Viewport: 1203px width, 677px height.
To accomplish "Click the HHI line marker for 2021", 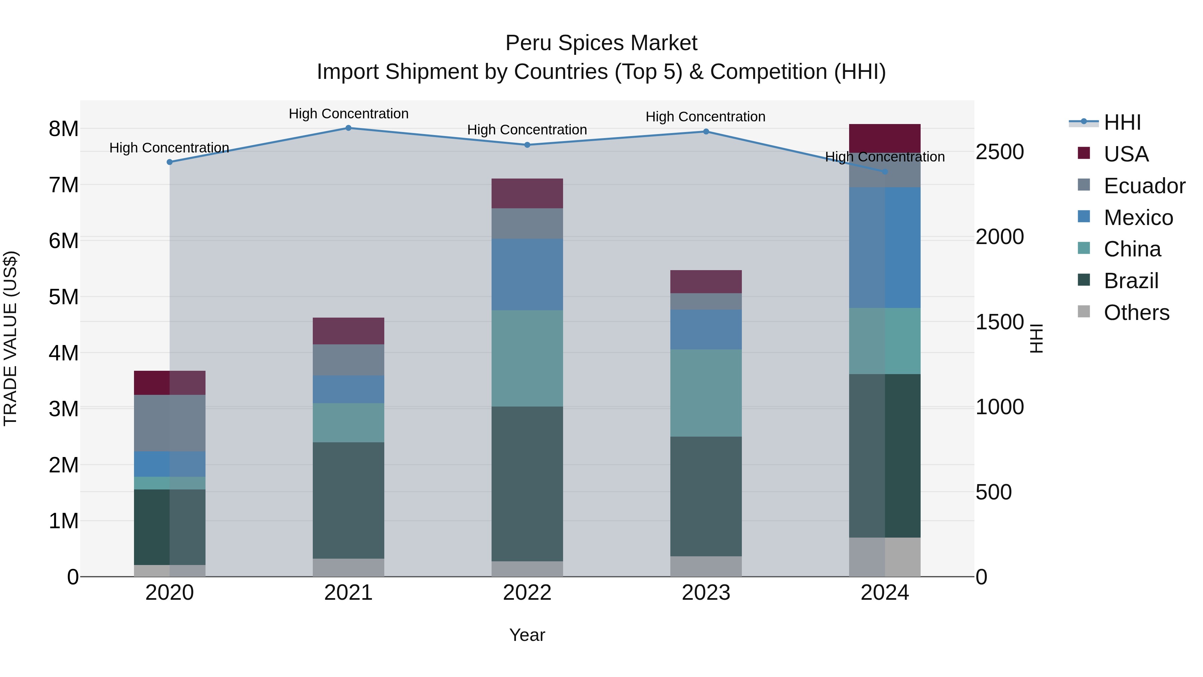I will tap(349, 128).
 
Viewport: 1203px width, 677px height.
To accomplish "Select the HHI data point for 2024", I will tap(885, 172).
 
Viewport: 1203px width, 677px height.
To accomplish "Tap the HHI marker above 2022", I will tap(527, 145).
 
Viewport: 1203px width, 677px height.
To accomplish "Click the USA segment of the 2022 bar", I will tap(527, 194).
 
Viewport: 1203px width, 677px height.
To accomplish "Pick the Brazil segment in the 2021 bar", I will tap(349, 500).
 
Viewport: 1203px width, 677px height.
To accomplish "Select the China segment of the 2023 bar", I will tap(706, 393).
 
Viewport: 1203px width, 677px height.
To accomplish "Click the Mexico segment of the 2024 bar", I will tap(885, 248).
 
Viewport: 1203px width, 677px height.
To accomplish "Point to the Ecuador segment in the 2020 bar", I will tap(169, 423).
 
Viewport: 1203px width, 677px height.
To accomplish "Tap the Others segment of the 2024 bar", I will tap(885, 557).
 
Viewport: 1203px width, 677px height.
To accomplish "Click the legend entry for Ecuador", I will tap(1144, 186).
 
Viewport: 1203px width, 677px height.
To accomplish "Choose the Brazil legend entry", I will tap(1131, 281).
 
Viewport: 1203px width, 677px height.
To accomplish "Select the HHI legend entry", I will tap(1122, 122).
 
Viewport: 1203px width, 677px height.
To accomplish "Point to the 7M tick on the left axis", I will tap(64, 185).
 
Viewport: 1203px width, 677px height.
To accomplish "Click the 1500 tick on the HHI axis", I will tap(1000, 322).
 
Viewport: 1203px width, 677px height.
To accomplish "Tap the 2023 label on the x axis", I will tap(706, 593).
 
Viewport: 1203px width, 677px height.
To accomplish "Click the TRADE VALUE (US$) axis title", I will tap(11, 338).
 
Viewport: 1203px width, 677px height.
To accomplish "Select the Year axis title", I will tap(527, 635).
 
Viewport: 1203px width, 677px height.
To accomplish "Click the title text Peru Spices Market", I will tap(601, 43).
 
